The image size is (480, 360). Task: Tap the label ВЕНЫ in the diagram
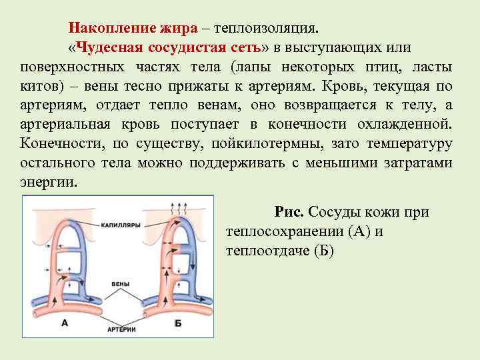(x=121, y=284)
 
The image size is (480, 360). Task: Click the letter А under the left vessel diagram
(x=65, y=323)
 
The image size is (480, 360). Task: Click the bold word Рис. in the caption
(x=289, y=212)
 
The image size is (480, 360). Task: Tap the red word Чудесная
(x=109, y=48)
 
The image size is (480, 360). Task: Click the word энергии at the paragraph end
(x=49, y=183)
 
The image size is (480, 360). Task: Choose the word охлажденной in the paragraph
(x=407, y=125)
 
